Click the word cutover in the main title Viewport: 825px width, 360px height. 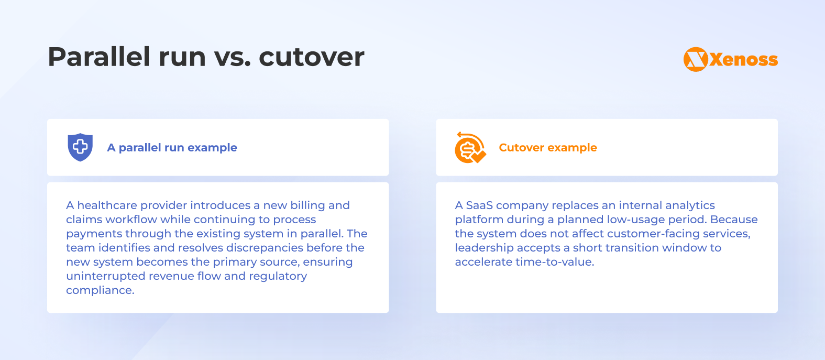pyautogui.click(x=312, y=57)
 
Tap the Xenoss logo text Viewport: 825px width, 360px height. pyautogui.click(x=744, y=60)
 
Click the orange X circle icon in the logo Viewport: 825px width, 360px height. pyautogui.click(x=696, y=60)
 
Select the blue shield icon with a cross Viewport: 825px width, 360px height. pyautogui.click(x=80, y=147)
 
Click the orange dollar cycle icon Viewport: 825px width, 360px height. pyautogui.click(x=470, y=148)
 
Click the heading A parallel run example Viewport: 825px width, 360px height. pyautogui.click(x=172, y=148)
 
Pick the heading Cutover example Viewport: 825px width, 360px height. pyautogui.click(x=548, y=148)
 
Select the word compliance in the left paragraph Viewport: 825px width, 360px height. pyautogui.click(x=100, y=290)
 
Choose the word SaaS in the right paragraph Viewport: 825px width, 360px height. pyautogui.click(x=479, y=205)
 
